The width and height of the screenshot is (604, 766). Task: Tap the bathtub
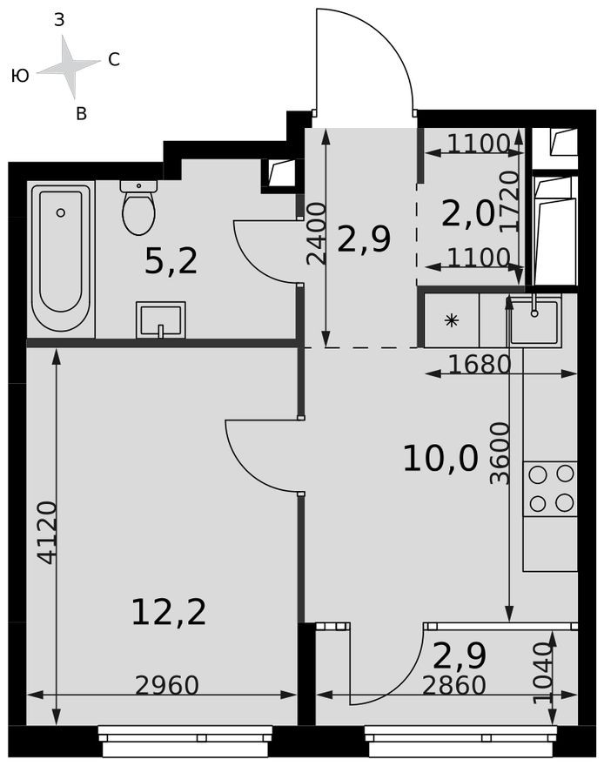tap(61, 259)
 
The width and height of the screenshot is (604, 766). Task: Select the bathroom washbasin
tap(161, 319)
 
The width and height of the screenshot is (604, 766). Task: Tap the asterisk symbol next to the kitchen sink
tap(451, 320)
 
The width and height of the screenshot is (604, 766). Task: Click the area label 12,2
tap(169, 612)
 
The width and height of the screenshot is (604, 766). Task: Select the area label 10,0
tap(440, 458)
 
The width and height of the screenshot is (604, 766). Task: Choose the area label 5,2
tap(171, 260)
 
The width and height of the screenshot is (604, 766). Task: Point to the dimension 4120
tap(48, 532)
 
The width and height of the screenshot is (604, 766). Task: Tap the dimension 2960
tap(167, 686)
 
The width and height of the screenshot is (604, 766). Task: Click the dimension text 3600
tap(499, 453)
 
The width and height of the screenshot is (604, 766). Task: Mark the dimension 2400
tap(317, 233)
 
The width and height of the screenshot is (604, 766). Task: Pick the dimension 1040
tap(543, 674)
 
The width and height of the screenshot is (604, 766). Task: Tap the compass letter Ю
tap(20, 77)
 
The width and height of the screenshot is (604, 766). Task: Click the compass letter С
tap(114, 60)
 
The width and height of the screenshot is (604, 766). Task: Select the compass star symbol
tap(70, 67)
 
